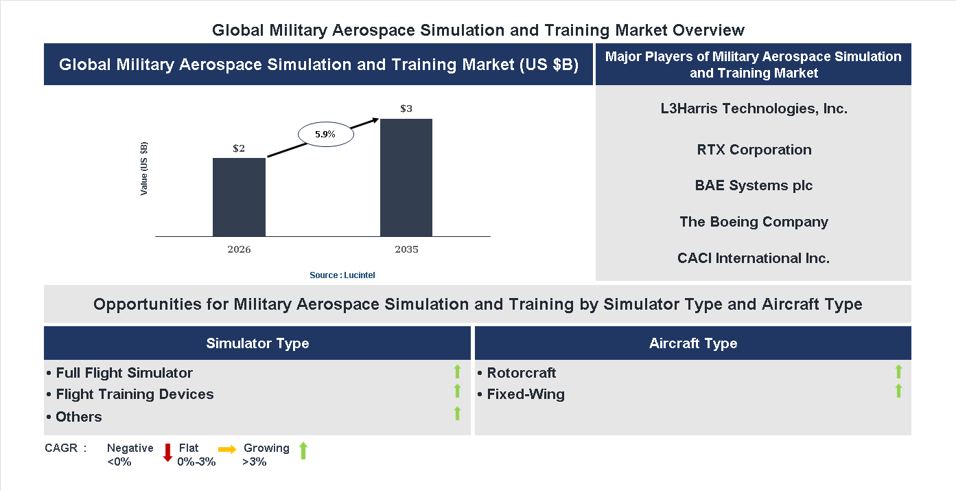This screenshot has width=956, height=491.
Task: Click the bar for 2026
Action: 239,197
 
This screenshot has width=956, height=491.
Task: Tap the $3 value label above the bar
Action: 406,109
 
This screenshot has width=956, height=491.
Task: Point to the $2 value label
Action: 239,148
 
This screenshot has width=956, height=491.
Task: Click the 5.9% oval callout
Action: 325,135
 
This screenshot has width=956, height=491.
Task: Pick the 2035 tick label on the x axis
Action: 406,249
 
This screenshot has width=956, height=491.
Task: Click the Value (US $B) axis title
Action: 144,168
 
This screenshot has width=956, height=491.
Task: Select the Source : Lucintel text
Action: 342,275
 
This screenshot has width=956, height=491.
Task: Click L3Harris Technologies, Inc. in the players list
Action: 754,109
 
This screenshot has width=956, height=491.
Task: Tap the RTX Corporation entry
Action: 754,150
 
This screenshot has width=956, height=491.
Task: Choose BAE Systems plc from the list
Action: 754,185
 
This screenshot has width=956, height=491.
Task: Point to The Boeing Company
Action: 754,222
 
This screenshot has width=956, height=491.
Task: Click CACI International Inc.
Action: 754,258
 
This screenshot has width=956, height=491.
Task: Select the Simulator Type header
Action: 257,343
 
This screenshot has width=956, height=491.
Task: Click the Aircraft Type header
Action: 692,343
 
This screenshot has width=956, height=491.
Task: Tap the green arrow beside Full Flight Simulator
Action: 457,372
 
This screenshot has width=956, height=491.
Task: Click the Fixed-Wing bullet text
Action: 525,394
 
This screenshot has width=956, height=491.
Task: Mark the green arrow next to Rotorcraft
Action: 898,372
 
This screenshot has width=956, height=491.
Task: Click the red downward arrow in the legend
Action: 167,453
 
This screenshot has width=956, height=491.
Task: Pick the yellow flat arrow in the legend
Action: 227,449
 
